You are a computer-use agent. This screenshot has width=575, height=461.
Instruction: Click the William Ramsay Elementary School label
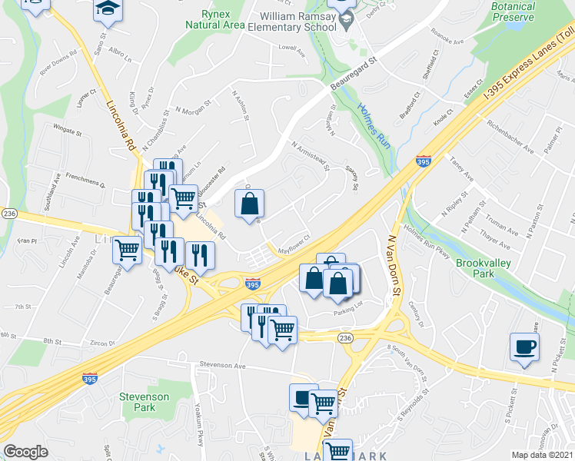click(x=300, y=21)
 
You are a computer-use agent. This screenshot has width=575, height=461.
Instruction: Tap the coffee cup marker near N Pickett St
click(x=525, y=347)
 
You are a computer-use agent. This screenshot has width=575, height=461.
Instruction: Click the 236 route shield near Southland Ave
click(x=9, y=213)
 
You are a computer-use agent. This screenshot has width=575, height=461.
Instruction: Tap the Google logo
click(x=25, y=452)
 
